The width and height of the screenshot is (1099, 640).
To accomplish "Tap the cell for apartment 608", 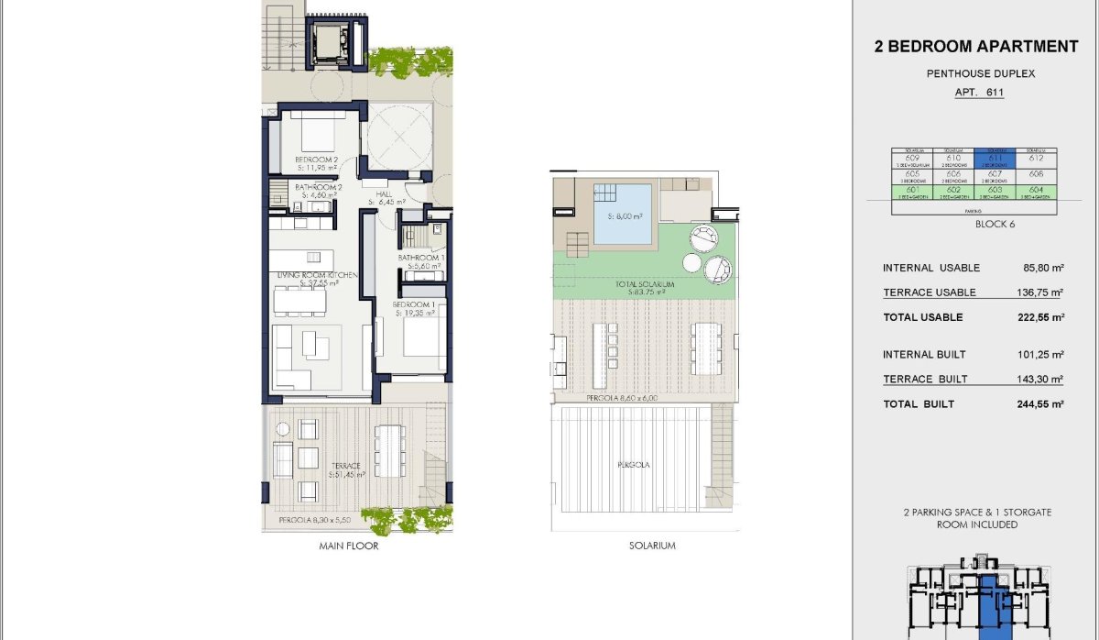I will [x=1036, y=174].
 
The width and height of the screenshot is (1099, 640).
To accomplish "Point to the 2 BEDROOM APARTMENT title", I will [x=976, y=47].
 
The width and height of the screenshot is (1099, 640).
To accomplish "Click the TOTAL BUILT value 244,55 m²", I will [x=1038, y=403].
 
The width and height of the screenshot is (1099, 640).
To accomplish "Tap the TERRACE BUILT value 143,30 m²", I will [x=1038, y=379].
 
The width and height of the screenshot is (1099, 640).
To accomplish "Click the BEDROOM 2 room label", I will [x=317, y=160].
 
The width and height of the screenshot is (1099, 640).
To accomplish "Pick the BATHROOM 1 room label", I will [x=421, y=258].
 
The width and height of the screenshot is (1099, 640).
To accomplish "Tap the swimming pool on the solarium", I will [x=622, y=215].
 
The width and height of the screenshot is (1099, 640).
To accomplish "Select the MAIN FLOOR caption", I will [x=349, y=546].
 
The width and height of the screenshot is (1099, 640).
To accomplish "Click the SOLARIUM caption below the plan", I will [x=653, y=546].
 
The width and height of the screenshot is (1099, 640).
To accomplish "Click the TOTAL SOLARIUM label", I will [x=645, y=285].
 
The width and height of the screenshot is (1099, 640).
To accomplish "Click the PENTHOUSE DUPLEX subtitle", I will [x=977, y=74].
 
